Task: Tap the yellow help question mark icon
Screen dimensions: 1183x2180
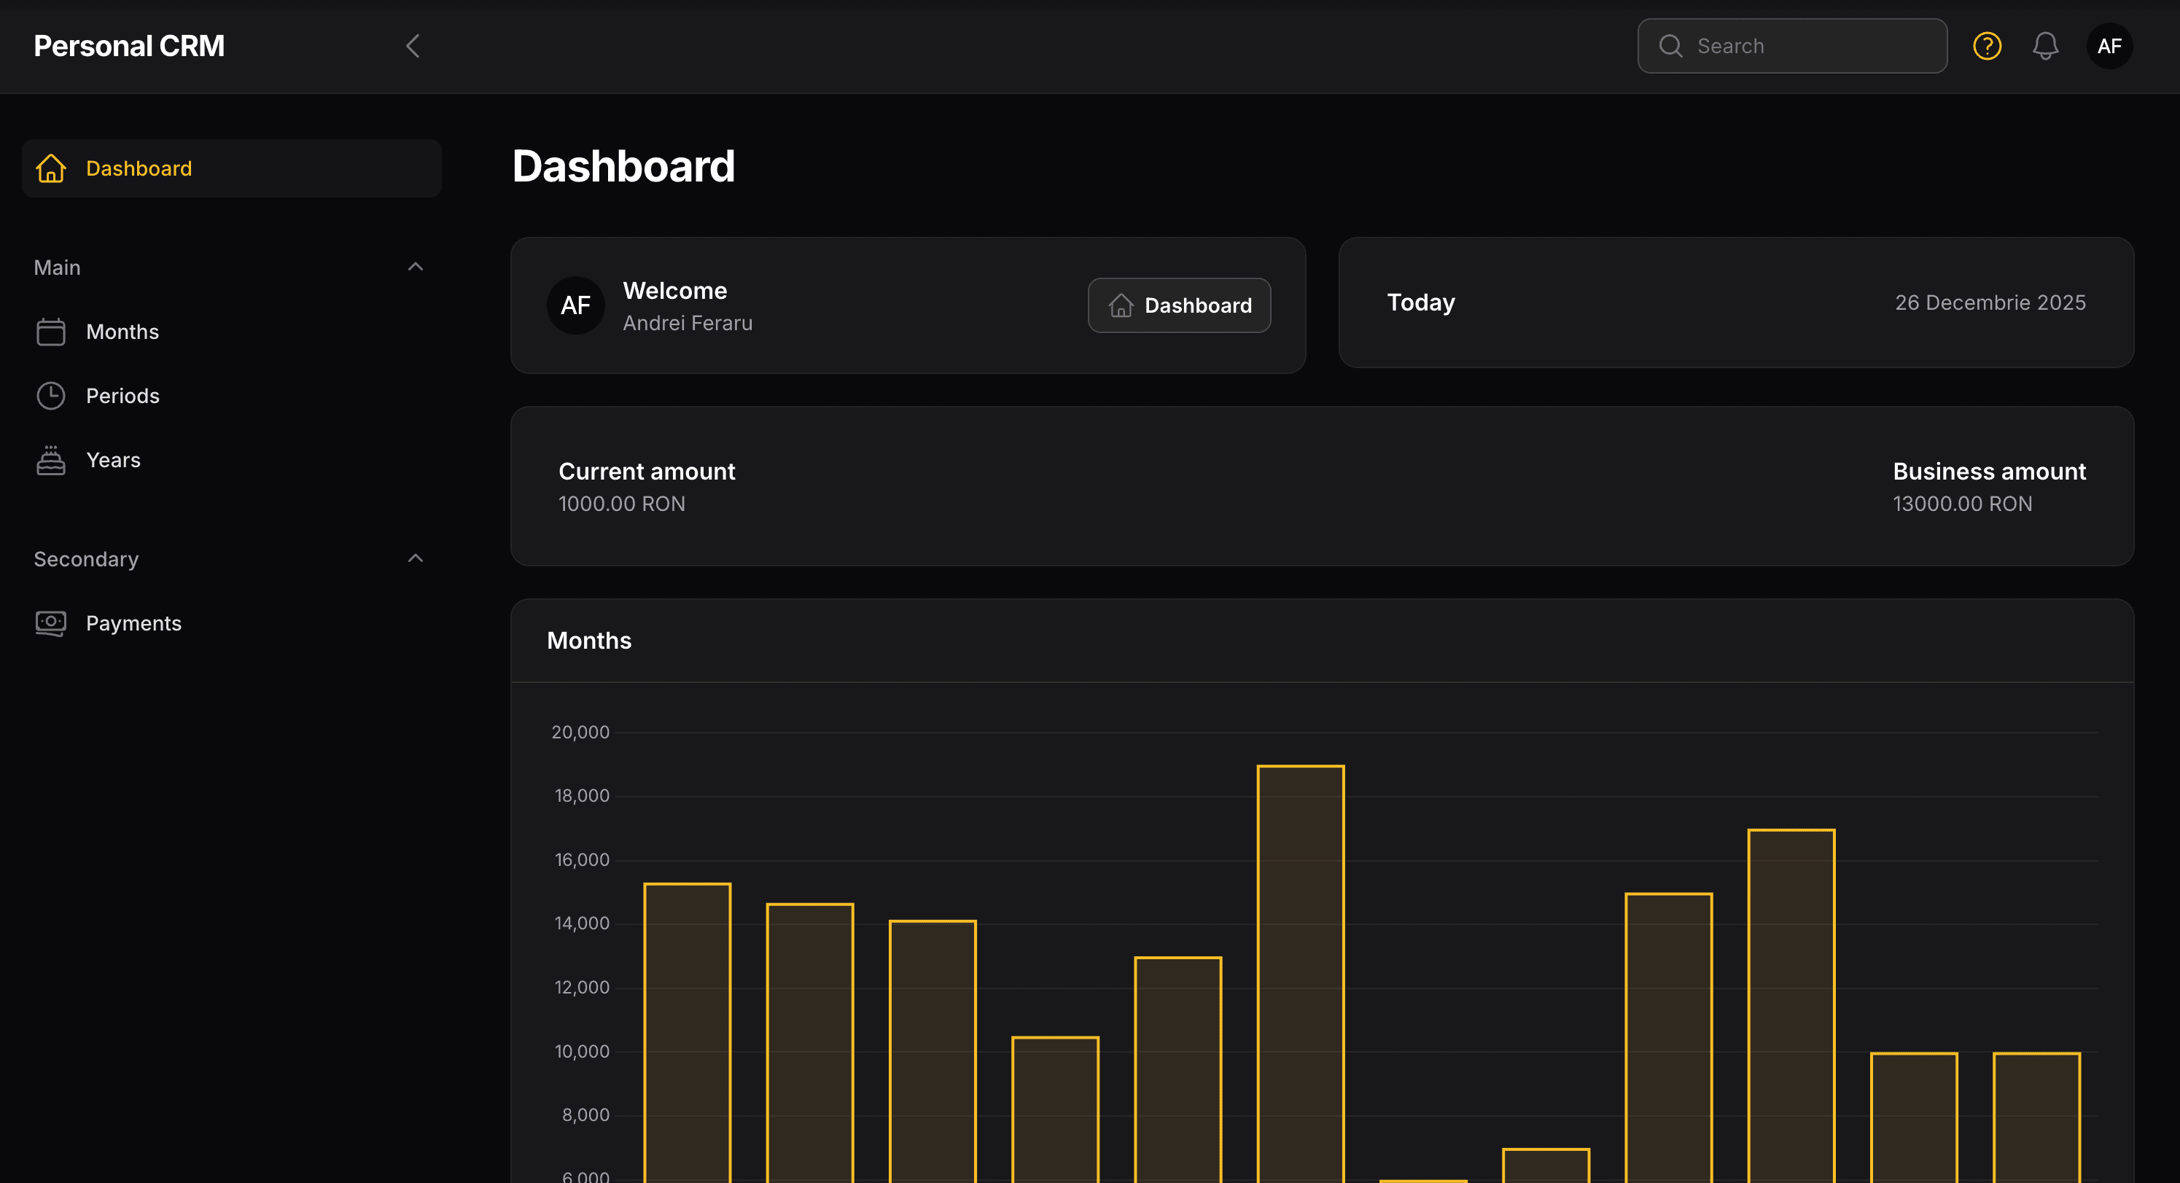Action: point(1987,46)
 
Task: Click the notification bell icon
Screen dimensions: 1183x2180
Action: point(2045,46)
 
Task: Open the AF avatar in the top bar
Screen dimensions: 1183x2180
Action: point(2109,46)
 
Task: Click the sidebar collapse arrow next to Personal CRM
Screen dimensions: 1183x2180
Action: point(413,46)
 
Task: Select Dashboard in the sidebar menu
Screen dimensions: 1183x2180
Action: point(139,168)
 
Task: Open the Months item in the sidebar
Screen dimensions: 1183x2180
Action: point(122,332)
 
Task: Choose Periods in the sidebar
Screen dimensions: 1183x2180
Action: point(122,396)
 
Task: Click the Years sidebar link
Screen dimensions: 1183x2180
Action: point(112,461)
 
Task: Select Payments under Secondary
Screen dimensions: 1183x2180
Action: point(133,624)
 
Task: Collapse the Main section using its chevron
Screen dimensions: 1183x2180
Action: point(415,267)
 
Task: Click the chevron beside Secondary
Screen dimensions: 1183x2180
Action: point(415,558)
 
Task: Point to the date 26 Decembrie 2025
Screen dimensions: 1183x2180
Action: point(1990,303)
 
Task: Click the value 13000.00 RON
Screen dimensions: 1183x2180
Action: point(1962,504)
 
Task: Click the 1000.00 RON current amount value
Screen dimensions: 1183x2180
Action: point(622,504)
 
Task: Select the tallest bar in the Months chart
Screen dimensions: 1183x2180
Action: point(1301,973)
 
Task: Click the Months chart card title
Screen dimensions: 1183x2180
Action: point(589,641)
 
